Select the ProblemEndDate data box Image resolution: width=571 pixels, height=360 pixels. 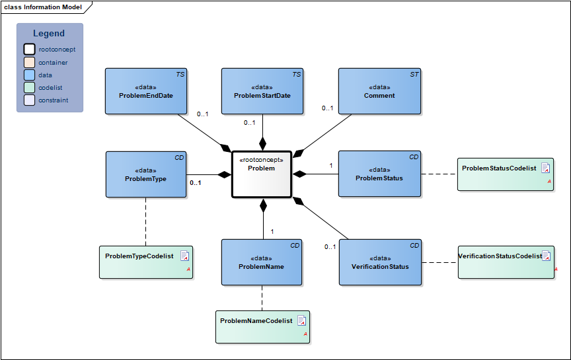(x=146, y=91)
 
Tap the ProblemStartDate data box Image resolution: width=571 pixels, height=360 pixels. (x=262, y=91)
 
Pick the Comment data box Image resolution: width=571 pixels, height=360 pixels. (x=379, y=91)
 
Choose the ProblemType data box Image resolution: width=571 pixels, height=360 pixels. (x=146, y=174)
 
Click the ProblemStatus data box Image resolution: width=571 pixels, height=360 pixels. (x=379, y=174)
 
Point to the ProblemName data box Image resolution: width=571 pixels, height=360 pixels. (x=262, y=262)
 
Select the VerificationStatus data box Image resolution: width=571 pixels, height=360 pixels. (x=380, y=262)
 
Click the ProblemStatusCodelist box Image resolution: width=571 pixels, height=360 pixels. (x=505, y=174)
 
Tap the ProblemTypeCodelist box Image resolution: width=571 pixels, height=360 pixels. (x=146, y=262)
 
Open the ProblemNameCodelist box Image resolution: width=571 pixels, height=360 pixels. (x=262, y=326)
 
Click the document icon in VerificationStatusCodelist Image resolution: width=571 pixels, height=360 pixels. (x=547, y=256)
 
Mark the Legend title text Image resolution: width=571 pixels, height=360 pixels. (x=49, y=34)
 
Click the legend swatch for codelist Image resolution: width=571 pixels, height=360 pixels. (x=29, y=87)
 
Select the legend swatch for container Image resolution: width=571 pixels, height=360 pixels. (x=29, y=62)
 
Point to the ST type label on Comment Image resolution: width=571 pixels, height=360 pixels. (x=414, y=75)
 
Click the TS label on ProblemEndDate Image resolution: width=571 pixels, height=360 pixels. (x=180, y=75)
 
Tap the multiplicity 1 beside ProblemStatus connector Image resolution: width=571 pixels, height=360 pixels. (x=331, y=165)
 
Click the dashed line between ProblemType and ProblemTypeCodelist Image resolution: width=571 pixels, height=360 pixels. (x=145, y=221)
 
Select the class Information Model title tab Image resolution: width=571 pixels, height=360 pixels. (x=44, y=7)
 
